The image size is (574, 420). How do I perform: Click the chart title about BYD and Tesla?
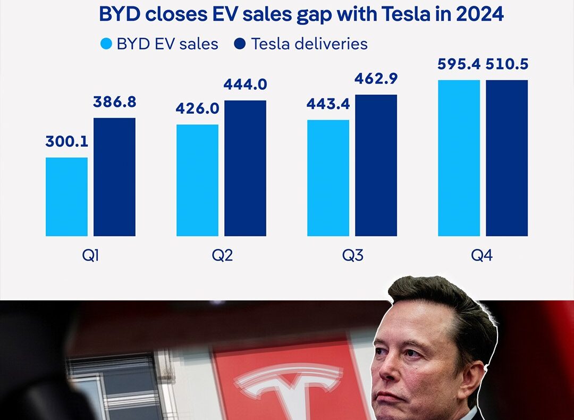(x=301, y=14)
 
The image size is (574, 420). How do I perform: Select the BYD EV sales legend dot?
(x=107, y=44)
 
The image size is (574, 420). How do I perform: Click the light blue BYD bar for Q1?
(x=66, y=197)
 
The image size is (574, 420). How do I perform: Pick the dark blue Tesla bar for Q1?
(x=114, y=177)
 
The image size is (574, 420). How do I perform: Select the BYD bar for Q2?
(x=197, y=180)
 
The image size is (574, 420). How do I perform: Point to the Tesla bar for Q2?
(x=245, y=168)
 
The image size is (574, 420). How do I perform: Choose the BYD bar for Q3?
(x=328, y=178)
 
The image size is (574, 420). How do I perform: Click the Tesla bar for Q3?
(x=376, y=165)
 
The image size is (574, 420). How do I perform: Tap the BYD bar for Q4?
(x=459, y=158)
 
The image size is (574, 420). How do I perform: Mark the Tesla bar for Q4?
(x=507, y=158)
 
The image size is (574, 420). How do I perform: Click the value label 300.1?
(x=66, y=142)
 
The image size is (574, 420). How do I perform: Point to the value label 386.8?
(x=114, y=102)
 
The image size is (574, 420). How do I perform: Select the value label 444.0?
(x=245, y=85)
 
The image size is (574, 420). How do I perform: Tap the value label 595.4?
(x=459, y=64)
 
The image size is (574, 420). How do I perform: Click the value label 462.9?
(x=376, y=79)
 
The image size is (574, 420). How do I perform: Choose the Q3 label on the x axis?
(x=352, y=256)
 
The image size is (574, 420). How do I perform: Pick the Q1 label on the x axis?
(x=91, y=256)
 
